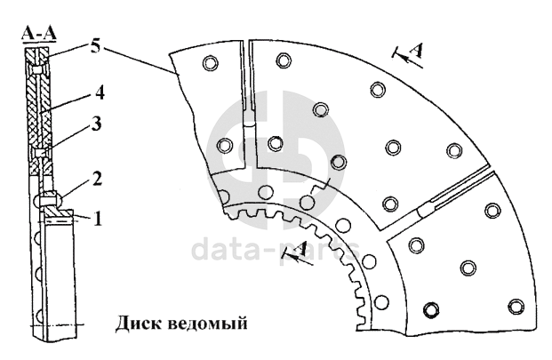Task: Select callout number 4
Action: click(103, 92)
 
